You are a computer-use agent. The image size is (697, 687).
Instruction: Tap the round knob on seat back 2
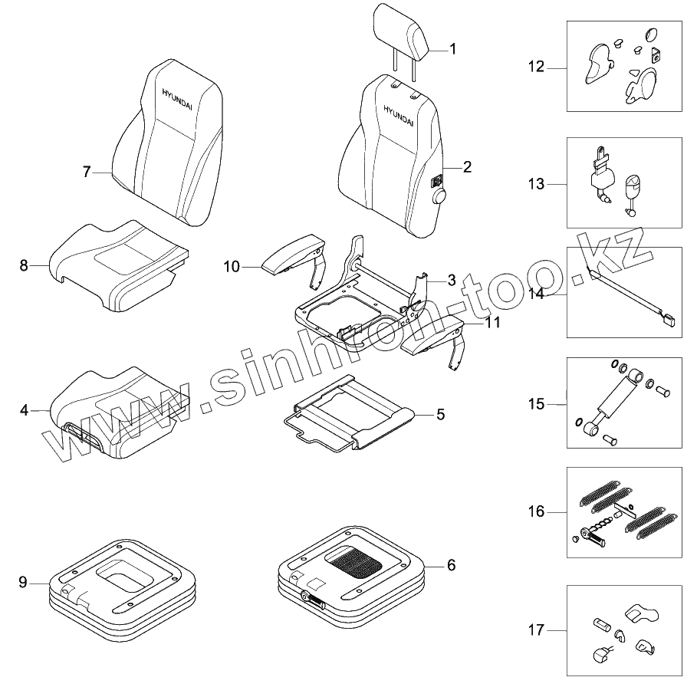[x=441, y=197]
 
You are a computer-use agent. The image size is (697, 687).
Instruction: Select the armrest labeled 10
[x=290, y=257]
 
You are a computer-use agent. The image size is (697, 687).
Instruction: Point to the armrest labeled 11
[x=433, y=336]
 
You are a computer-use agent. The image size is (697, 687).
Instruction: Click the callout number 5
[x=440, y=414]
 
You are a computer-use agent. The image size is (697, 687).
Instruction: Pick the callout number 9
[x=23, y=583]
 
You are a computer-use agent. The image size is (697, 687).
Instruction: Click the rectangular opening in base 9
[x=127, y=577]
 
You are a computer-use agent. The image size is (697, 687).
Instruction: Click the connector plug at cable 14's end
[x=669, y=322]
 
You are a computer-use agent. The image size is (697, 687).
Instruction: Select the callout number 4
[x=24, y=410]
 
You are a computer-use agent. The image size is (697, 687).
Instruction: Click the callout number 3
[x=452, y=279]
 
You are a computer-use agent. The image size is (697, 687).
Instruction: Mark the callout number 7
[x=87, y=172]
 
